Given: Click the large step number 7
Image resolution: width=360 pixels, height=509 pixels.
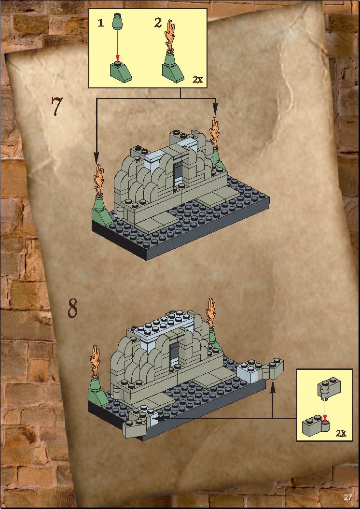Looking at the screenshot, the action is pos(56,106).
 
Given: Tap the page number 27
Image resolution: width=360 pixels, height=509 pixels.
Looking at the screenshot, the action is pos(348,497).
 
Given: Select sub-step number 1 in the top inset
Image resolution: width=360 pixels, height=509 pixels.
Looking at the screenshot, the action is pos(101,23).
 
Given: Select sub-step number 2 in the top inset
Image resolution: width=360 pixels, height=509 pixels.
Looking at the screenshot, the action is pos(158,22).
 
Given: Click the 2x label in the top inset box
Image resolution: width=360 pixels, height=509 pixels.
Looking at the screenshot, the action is pos(197,79).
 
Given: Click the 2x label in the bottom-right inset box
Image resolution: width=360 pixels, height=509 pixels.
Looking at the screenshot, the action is pos(341,433).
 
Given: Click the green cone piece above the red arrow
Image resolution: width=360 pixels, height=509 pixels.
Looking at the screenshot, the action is pos(117,21).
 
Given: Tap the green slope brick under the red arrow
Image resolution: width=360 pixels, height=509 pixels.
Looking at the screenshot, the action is pos(121,71).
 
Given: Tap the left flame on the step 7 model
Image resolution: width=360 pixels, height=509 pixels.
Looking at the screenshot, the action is pos(99,179).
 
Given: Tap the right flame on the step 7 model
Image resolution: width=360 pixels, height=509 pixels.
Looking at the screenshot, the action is pos(214,132).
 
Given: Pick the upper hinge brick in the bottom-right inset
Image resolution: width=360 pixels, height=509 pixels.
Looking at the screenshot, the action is pos(329,387).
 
